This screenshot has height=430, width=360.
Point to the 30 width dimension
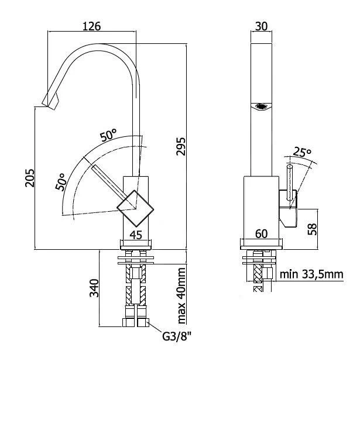pyautogui.click(x=261, y=26)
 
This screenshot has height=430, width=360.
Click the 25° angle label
pyautogui.click(x=302, y=153)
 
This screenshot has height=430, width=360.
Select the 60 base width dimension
pyautogui.click(x=261, y=234)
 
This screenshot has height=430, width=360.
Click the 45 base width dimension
pyautogui.click(x=136, y=235)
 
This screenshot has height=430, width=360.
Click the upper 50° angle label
pyautogui.click(x=108, y=136)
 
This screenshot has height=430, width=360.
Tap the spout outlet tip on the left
pyautogui.click(x=52, y=104)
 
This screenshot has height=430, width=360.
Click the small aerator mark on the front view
pyautogui.click(x=262, y=106)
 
